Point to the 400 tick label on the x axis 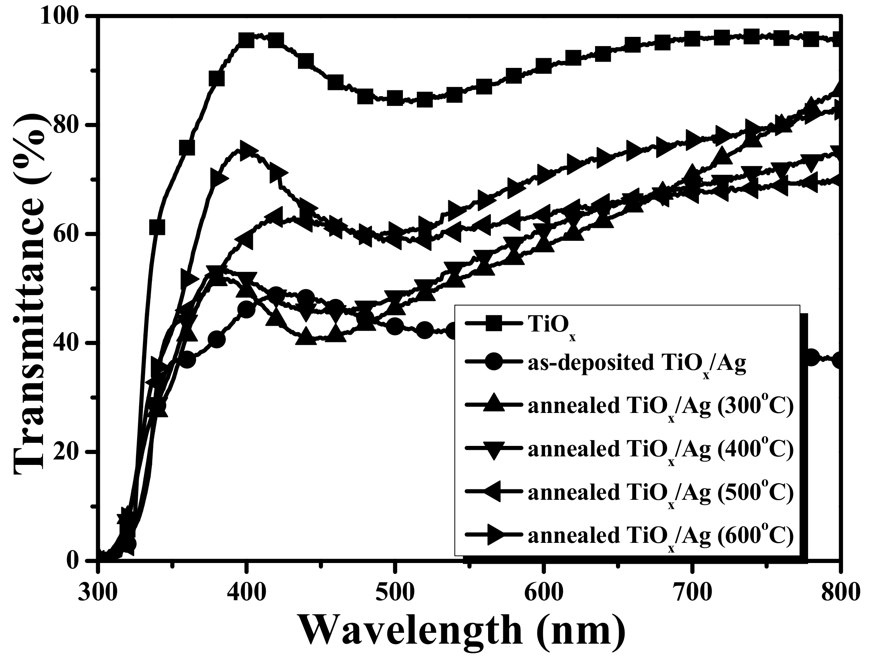coord(246,592)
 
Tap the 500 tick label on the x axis coord(394,592)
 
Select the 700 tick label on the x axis coord(692,592)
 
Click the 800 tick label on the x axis coord(839,592)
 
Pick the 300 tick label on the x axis coord(97,592)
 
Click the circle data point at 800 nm coord(838,360)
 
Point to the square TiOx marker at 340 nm coord(157,227)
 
